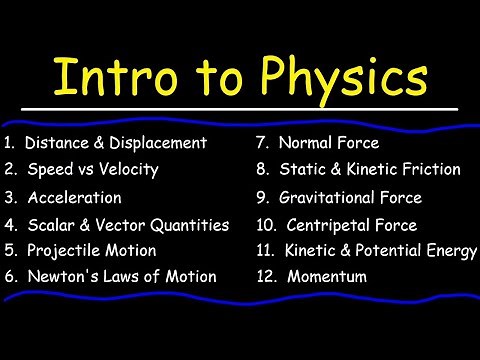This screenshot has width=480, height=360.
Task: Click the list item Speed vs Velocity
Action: [91, 169]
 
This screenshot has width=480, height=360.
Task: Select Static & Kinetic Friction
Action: [369, 169]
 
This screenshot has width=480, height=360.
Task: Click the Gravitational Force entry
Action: [350, 197]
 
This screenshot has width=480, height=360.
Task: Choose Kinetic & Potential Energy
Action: [381, 250]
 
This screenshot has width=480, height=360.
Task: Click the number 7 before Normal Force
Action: [261, 143]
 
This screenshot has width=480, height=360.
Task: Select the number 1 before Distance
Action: [8, 143]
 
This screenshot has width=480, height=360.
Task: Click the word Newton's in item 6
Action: [56, 276]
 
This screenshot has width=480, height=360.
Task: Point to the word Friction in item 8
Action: [429, 169]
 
